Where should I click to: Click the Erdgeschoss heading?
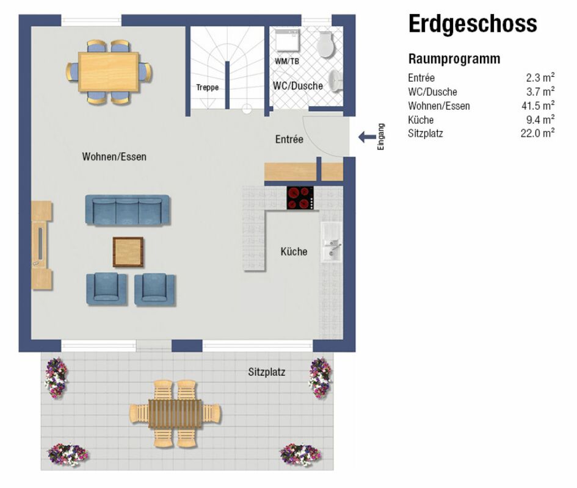[x=473, y=24]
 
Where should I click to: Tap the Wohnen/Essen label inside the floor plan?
[x=114, y=157]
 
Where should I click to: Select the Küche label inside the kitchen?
[x=294, y=251]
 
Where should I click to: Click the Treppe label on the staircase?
[x=207, y=87]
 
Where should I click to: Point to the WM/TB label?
[x=286, y=62]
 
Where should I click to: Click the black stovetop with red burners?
[x=300, y=198]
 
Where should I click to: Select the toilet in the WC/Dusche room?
[x=325, y=44]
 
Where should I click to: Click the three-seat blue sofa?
[x=128, y=210]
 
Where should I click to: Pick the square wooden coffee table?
[x=128, y=252]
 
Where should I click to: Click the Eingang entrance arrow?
[x=367, y=137]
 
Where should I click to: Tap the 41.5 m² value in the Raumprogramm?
[x=538, y=106]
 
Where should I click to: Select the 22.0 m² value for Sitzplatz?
[x=537, y=133]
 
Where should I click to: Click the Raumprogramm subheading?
[x=454, y=59]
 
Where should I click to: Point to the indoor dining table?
[x=109, y=72]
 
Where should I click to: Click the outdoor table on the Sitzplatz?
[x=175, y=414]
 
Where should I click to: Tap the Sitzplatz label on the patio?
[x=266, y=372]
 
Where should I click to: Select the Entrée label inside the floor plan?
[x=289, y=139]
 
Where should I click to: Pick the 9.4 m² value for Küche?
[x=540, y=120]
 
